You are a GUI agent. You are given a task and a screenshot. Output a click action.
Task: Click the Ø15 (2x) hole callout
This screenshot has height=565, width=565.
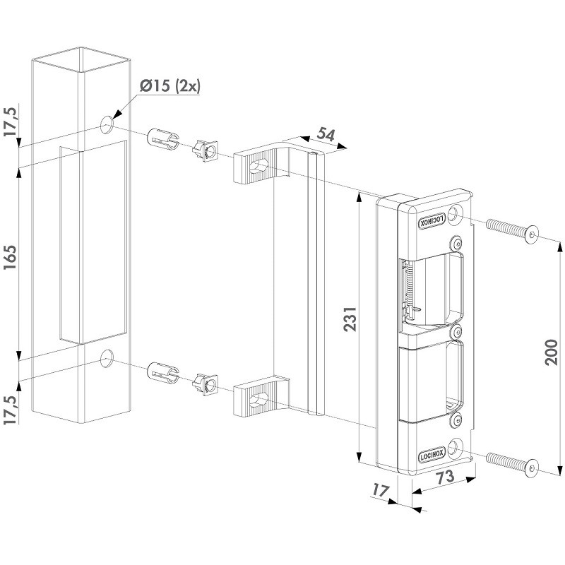[x=169, y=86]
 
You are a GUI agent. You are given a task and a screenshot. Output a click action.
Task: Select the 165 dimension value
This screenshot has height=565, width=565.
[x=10, y=257]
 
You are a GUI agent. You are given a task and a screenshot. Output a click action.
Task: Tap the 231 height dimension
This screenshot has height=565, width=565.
[x=350, y=319]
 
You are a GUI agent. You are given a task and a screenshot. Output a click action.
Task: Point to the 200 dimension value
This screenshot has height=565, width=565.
[x=551, y=352]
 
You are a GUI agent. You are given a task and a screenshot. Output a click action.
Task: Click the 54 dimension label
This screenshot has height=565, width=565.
[x=326, y=134]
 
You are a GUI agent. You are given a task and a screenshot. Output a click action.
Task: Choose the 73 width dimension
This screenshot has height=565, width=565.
[x=445, y=477]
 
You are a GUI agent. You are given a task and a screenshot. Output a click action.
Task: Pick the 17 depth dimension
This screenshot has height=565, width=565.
[x=381, y=490]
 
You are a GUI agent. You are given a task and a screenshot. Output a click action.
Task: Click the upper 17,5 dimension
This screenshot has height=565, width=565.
[x=10, y=121]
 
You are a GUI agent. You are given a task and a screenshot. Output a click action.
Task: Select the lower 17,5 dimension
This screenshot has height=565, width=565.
[x=10, y=410]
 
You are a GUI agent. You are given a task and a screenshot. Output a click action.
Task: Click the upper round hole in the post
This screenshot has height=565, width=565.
[x=107, y=125]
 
